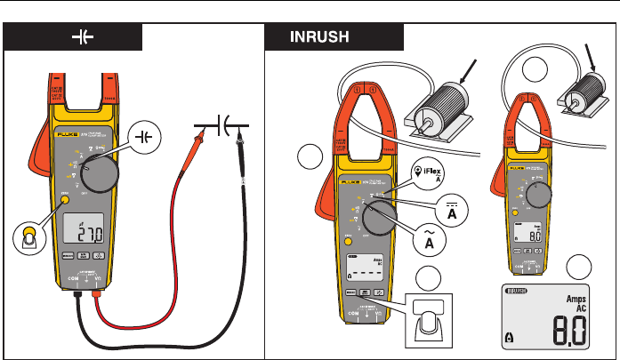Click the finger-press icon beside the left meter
click(x=28, y=237)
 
